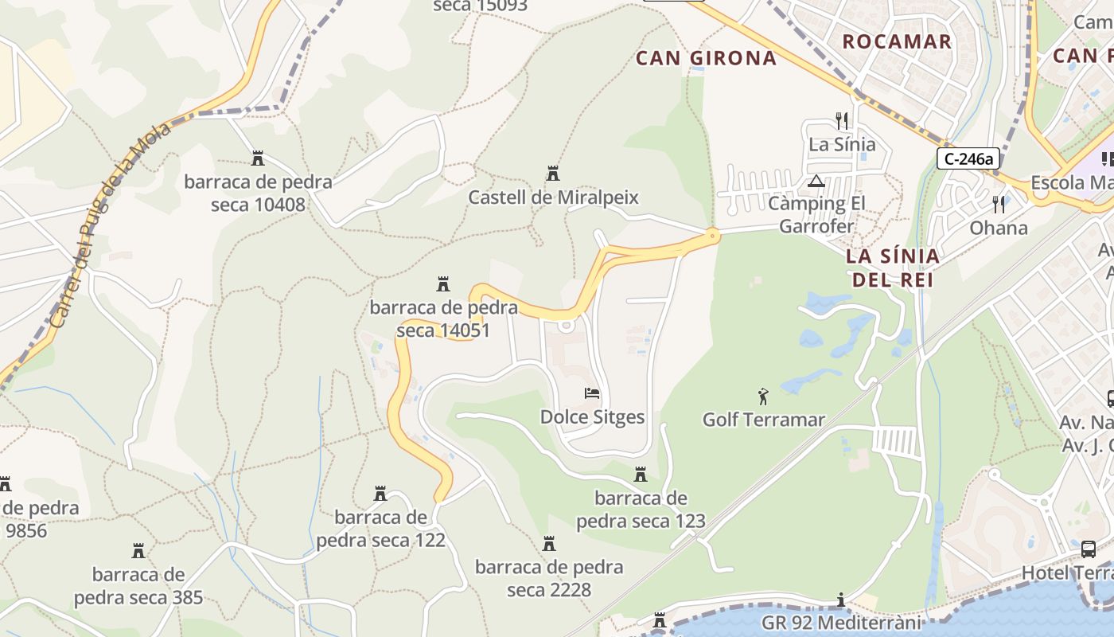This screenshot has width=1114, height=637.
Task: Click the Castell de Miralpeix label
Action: (x=553, y=197)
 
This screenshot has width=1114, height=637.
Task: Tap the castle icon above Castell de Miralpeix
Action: (x=553, y=173)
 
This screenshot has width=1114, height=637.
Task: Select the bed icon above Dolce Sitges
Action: (x=592, y=393)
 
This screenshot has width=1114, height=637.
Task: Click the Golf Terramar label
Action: (x=763, y=419)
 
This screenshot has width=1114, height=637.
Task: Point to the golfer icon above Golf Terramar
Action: (x=763, y=395)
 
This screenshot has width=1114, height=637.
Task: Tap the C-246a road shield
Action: (x=968, y=158)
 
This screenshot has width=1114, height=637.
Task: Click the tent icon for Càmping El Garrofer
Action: (x=816, y=181)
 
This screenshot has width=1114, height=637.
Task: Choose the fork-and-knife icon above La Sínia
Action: (x=842, y=121)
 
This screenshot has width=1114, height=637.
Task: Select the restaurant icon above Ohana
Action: (x=999, y=205)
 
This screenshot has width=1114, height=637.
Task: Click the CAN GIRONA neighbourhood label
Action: (x=706, y=57)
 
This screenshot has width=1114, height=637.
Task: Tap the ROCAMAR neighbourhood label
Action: (x=897, y=41)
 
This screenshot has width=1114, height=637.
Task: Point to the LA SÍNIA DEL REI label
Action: (x=892, y=268)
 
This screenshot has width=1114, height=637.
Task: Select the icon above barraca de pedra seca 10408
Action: (x=258, y=158)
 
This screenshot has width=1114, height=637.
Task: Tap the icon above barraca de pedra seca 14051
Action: (x=443, y=283)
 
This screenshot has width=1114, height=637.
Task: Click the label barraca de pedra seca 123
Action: (x=641, y=510)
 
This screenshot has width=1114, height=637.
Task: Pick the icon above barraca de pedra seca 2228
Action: (x=549, y=544)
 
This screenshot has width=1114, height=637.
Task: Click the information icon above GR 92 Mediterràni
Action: (x=841, y=599)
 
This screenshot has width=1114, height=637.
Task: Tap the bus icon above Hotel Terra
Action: (x=1088, y=549)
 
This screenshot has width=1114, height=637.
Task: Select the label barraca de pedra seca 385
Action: (x=138, y=585)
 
